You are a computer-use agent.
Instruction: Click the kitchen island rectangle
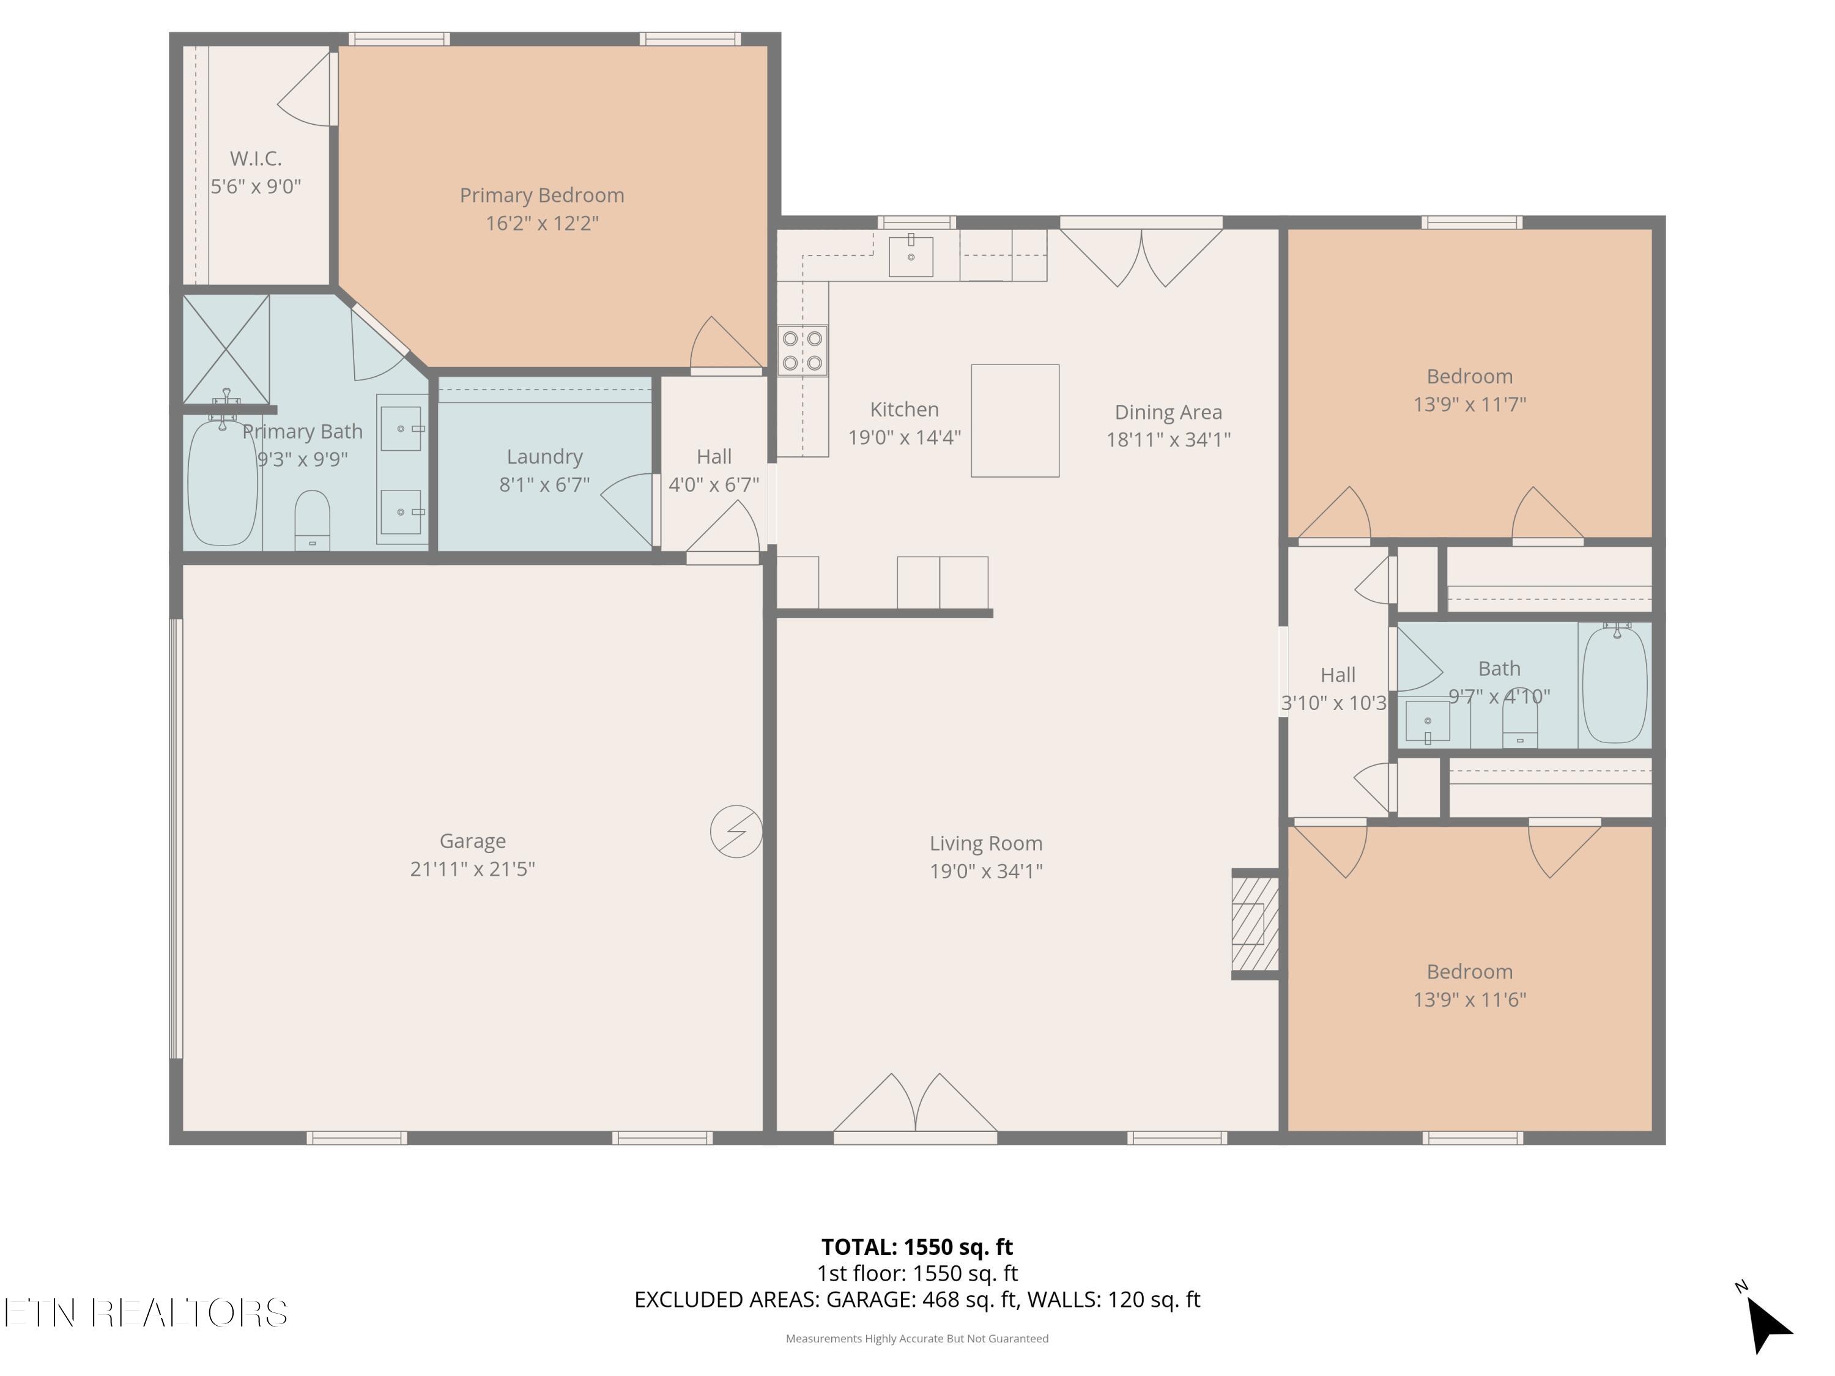pyautogui.click(x=1015, y=421)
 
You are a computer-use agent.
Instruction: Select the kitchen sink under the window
pyautogui.click(x=911, y=256)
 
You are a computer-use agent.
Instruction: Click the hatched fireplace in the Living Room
pyautogui.click(x=1255, y=923)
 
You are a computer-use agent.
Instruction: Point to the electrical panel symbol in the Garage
pyautogui.click(x=736, y=831)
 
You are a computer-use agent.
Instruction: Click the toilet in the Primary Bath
pyautogui.click(x=313, y=520)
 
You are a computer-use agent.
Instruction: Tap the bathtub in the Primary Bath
pyautogui.click(x=222, y=483)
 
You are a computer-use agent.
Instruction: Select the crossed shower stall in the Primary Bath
pyautogui.click(x=226, y=349)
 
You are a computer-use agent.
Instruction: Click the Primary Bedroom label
pyautogui.click(x=542, y=195)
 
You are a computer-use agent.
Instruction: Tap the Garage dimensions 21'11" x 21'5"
pyautogui.click(x=473, y=868)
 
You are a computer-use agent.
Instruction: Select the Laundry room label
pyautogui.click(x=545, y=456)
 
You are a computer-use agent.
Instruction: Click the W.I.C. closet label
pyautogui.click(x=256, y=158)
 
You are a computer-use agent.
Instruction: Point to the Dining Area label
pyautogui.click(x=1168, y=412)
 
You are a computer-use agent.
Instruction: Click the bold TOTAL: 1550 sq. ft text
pyautogui.click(x=917, y=1246)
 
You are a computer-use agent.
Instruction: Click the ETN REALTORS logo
pyautogui.click(x=146, y=1312)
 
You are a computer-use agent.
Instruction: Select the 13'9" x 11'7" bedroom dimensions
pyautogui.click(x=1470, y=404)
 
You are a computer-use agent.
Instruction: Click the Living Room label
pyautogui.click(x=985, y=843)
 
